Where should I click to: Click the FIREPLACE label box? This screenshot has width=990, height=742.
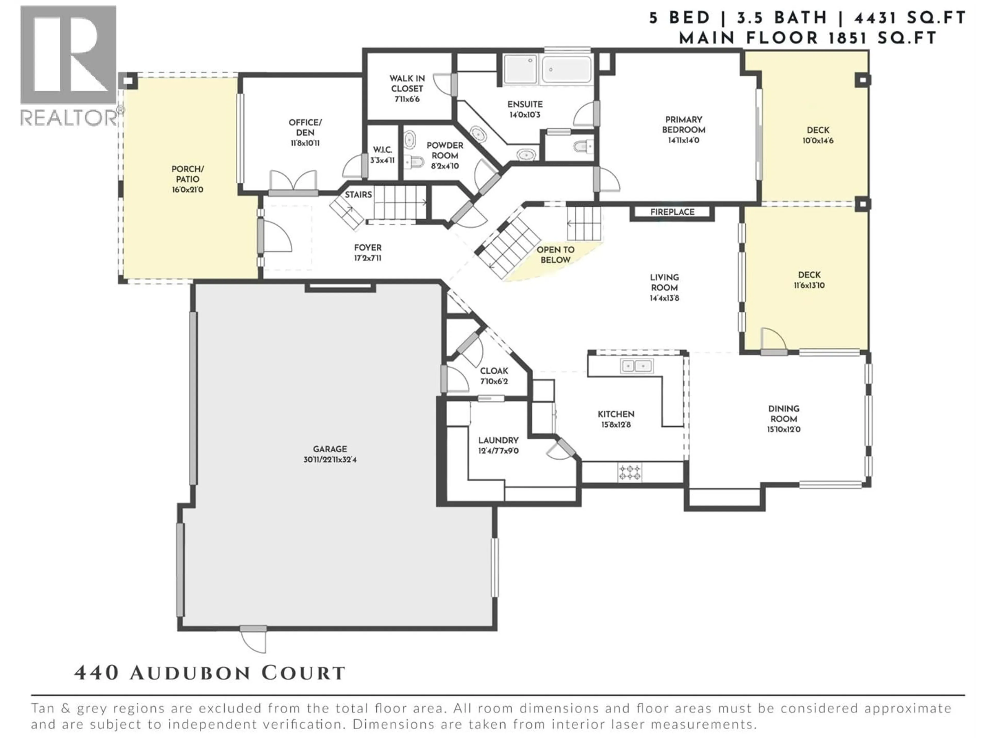click(x=672, y=212)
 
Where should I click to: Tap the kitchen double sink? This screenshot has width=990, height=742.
click(x=637, y=366)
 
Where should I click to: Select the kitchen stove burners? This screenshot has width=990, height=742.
click(x=630, y=472)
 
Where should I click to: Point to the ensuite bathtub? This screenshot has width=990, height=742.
click(x=566, y=69)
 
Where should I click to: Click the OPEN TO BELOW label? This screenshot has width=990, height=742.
click(x=555, y=255)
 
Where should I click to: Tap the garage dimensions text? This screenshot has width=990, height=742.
click(x=329, y=459)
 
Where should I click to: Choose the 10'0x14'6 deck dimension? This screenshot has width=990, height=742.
click(x=818, y=140)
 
